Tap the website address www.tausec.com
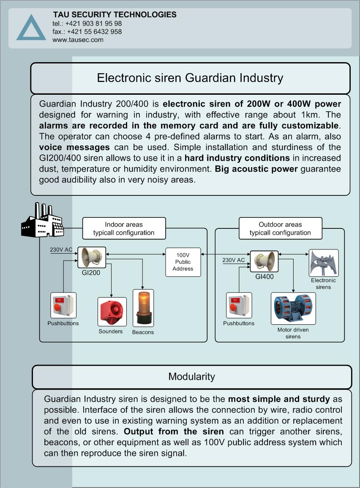click(78, 40)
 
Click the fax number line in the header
click(87, 31)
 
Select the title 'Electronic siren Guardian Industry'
click(190, 78)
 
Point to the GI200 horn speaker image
click(92, 258)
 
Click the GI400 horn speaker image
click(264, 261)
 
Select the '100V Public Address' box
click(183, 262)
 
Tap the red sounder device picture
click(112, 312)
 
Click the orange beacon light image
click(143, 308)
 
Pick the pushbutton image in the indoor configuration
click(63, 305)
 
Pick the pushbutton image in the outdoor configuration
click(239, 305)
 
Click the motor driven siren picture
click(293, 308)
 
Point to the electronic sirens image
click(324, 263)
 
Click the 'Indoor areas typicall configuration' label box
click(124, 228)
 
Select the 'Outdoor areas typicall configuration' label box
click(281, 228)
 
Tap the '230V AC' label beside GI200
click(61, 249)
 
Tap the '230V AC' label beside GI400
click(234, 260)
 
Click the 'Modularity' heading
click(192, 377)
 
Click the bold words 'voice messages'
click(74, 147)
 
